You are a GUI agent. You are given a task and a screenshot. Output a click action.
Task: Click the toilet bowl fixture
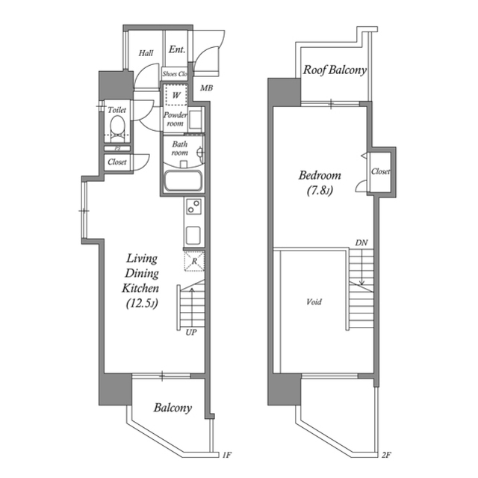pyautogui.click(x=117, y=129)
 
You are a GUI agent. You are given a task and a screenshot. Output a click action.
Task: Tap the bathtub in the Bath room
pyautogui.click(x=183, y=181)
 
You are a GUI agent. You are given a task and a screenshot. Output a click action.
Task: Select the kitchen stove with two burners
pyautogui.click(x=194, y=206)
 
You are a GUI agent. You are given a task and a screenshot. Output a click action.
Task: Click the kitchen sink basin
pyautogui.click(x=193, y=236)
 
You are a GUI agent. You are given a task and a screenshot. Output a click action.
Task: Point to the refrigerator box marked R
pyautogui.click(x=194, y=261)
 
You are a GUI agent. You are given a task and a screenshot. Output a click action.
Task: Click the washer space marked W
pyautogui.click(x=176, y=94)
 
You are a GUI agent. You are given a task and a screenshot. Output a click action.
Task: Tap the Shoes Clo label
pyautogui.click(x=175, y=74)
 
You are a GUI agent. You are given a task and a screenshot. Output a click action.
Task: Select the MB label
pyautogui.click(x=206, y=88)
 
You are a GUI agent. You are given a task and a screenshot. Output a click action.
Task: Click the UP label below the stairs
pyautogui.click(x=191, y=332)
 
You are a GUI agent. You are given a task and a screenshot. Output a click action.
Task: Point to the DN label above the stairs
pyautogui.click(x=361, y=243)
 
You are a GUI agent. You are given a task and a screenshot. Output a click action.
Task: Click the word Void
pyautogui.click(x=314, y=302)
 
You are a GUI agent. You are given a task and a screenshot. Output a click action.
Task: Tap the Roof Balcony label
pyautogui.click(x=335, y=70)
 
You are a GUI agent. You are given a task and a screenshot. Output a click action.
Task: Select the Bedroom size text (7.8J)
pyautogui.click(x=320, y=191)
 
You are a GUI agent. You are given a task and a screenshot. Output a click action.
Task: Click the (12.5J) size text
pyautogui.click(x=142, y=304)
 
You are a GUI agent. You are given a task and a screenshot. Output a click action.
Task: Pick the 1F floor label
pyautogui.click(x=227, y=455)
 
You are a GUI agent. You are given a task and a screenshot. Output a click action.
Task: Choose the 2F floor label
pyautogui.click(x=386, y=455)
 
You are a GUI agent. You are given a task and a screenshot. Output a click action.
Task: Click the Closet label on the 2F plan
pyautogui.click(x=380, y=171)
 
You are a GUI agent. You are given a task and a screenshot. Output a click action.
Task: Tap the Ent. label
pyautogui.click(x=177, y=49)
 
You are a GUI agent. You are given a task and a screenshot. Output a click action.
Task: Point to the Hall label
pyautogui.click(x=146, y=53)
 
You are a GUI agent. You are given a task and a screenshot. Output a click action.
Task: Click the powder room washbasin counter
pyautogui.click(x=196, y=120)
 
